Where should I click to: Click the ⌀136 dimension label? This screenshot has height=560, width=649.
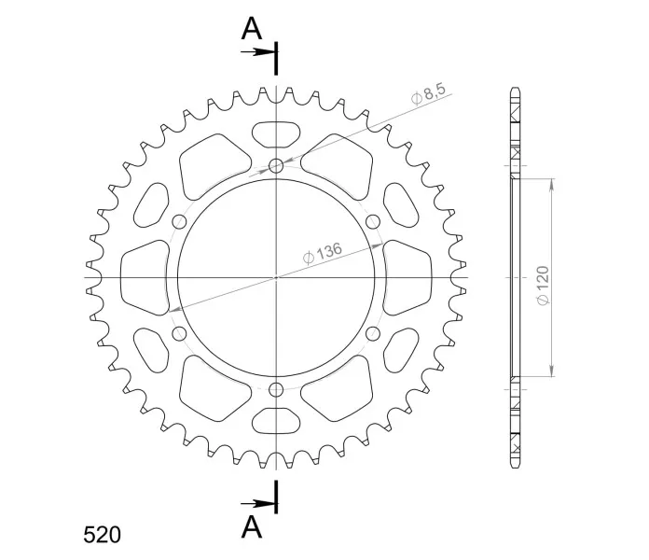pyautogui.click(x=323, y=253)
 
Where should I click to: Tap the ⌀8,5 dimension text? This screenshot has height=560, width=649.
pyautogui.click(x=428, y=94)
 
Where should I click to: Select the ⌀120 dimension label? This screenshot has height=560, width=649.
pyautogui.click(x=543, y=286)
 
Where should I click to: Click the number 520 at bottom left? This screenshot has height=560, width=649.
pyautogui.click(x=102, y=535)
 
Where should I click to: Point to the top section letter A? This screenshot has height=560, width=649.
pyautogui.click(x=252, y=29)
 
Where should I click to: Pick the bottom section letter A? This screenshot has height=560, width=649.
pyautogui.click(x=252, y=527)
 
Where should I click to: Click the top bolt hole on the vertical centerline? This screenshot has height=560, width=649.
pyautogui.click(x=276, y=166)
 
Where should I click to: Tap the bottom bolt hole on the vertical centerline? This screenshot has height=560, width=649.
pyautogui.click(x=276, y=389)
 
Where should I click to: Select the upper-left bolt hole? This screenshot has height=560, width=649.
pyautogui.click(x=179, y=222)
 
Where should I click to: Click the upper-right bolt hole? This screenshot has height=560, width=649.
pyautogui.click(x=373, y=222)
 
